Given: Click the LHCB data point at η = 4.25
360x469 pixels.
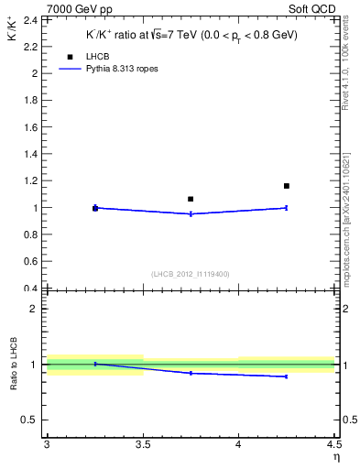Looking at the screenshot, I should pos(287,186).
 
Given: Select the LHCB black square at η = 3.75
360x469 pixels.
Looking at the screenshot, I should pos(191,199).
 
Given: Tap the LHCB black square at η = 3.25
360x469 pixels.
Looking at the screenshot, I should pos(95,209).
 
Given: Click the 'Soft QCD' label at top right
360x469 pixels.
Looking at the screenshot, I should pos(314,8).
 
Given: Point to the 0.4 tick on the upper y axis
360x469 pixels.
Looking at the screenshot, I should pos(33,289).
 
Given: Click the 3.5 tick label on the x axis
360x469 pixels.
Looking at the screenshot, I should pos(142,445).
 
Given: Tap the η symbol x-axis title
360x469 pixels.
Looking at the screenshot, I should pos(336,457).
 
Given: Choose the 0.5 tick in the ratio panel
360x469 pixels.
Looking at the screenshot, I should pos(33,420).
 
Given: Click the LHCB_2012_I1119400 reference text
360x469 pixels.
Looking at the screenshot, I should pos(190,274).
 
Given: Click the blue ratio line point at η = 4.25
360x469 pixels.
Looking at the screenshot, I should pos(287,376).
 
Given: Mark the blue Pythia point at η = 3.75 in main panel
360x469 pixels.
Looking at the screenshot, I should pos(191,213).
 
